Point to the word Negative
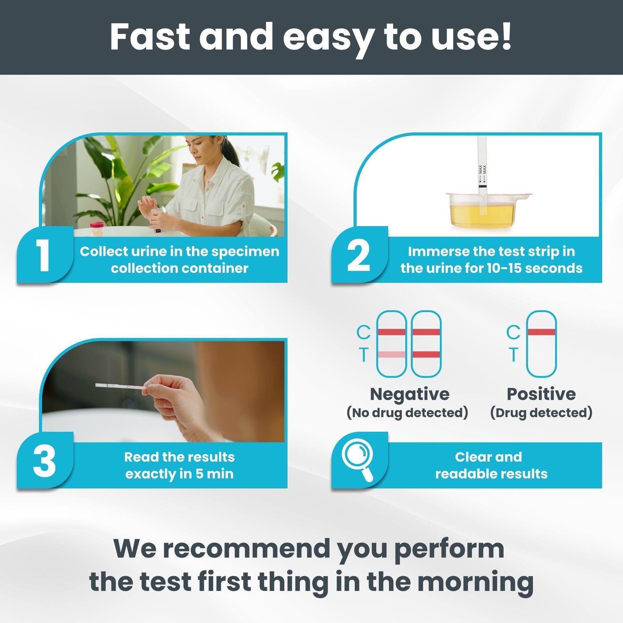pos(409,394)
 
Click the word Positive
pos(541,394)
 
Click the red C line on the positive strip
pos(541,332)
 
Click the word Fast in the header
pos(150,38)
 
